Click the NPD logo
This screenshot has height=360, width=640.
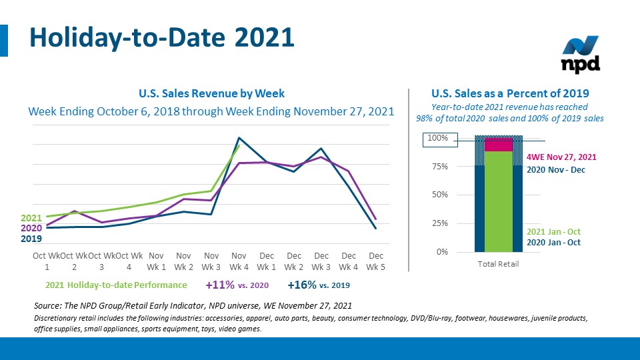(581, 55)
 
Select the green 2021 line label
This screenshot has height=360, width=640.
(31, 218)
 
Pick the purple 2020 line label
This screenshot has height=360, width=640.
(31, 228)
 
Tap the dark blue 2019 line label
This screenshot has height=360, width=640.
(31, 238)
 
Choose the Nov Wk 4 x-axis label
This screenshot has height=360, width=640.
(239, 261)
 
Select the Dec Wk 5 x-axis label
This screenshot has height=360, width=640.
(376, 261)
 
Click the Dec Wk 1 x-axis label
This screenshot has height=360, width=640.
(267, 261)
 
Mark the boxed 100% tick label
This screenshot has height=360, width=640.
(438, 139)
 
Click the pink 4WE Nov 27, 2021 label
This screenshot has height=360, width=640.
(561, 157)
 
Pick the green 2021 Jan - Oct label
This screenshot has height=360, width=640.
(553, 231)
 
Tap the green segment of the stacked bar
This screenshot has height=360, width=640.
(498, 200)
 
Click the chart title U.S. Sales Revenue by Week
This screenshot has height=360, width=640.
(211, 93)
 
